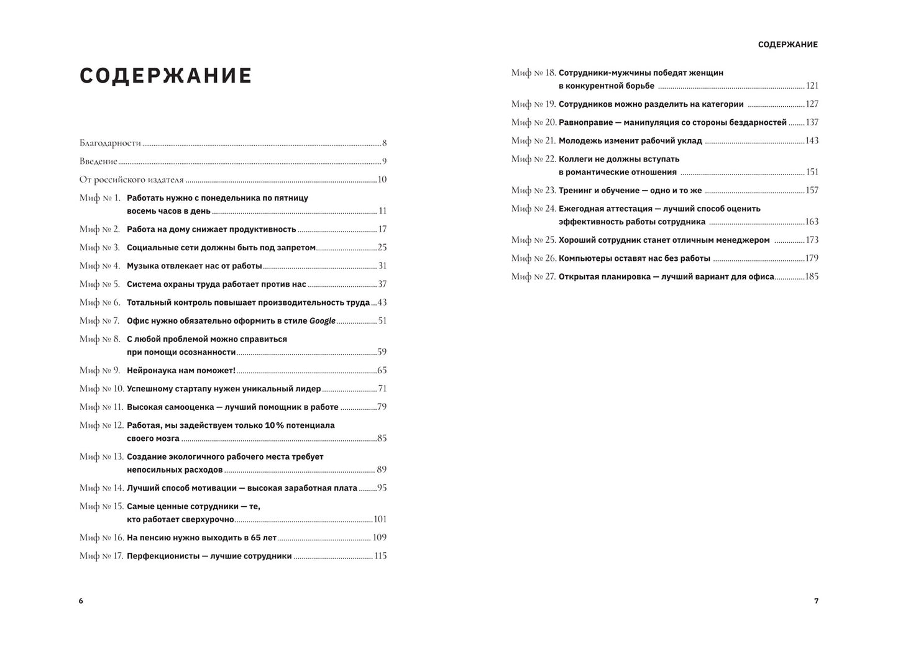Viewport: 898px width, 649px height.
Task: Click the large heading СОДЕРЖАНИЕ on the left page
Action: click(x=166, y=76)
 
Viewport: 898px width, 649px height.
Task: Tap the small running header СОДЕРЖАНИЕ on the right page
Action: click(x=788, y=45)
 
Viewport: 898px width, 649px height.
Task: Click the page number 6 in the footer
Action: click(x=81, y=601)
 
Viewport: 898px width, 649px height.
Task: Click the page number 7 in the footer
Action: click(x=816, y=601)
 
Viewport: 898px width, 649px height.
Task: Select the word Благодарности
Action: click(x=111, y=143)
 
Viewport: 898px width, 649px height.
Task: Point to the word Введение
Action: click(x=98, y=161)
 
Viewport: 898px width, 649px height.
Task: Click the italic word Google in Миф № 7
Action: click(x=323, y=321)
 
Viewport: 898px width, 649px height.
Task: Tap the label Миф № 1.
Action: click(x=99, y=198)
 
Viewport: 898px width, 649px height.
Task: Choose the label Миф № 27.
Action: click(x=533, y=277)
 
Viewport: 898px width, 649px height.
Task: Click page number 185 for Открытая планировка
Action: click(x=812, y=277)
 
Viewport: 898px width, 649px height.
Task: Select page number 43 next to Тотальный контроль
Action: click(x=382, y=302)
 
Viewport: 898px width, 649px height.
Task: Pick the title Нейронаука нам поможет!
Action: click(x=181, y=371)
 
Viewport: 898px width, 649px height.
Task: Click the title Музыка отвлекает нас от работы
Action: click(x=195, y=266)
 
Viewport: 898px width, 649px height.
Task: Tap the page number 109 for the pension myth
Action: click(x=379, y=538)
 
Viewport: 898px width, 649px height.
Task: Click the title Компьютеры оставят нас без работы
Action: click(x=634, y=258)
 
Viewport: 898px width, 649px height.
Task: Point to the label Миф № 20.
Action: click(x=533, y=123)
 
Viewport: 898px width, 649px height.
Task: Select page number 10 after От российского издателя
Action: click(x=382, y=180)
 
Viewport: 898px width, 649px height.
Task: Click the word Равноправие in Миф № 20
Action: click(x=585, y=123)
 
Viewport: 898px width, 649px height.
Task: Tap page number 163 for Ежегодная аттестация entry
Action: click(x=812, y=222)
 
